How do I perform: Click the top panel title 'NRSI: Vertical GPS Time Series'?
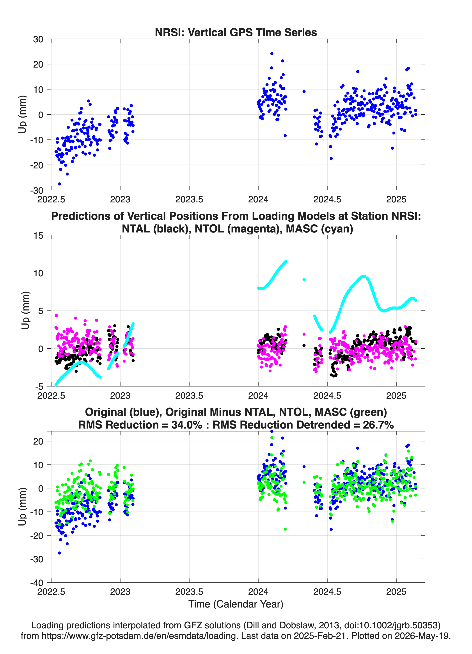click(236, 32)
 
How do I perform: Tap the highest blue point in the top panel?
click(272, 54)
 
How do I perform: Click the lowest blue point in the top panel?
click(59, 184)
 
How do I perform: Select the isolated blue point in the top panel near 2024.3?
click(304, 91)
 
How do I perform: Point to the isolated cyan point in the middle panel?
click(304, 279)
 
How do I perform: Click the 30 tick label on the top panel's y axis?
click(38, 39)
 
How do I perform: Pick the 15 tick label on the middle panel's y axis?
click(38, 235)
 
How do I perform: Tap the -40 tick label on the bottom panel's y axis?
click(37, 583)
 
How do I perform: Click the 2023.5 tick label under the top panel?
click(189, 199)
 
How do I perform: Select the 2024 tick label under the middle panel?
click(258, 395)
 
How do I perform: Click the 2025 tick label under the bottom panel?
click(396, 592)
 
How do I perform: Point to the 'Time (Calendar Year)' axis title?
click(236, 604)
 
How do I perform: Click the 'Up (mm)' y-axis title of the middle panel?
click(25, 311)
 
